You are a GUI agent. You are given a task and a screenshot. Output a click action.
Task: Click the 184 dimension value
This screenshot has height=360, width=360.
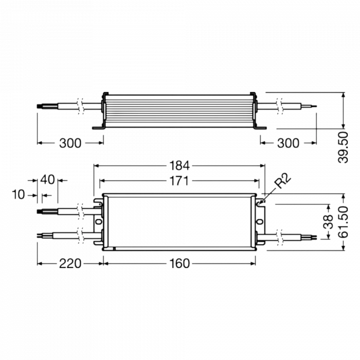[x=179, y=166]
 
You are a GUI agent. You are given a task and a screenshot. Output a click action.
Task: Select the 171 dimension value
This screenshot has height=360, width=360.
[x=179, y=181]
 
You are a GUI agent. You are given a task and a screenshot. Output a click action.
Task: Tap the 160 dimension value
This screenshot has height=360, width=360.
[x=179, y=263]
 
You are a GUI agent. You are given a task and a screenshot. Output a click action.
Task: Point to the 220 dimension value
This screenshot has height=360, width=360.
[x=70, y=263]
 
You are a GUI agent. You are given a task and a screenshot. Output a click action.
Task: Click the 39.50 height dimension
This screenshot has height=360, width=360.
[x=343, y=147]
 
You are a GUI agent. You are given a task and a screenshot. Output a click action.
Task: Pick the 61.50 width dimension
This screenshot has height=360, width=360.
[x=343, y=222]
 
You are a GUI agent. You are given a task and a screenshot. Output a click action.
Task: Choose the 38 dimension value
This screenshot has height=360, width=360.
[x=328, y=222]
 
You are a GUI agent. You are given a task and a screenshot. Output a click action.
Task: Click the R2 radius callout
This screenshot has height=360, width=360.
[x=283, y=181]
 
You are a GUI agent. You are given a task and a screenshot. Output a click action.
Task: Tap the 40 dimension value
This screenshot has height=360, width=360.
[x=47, y=179]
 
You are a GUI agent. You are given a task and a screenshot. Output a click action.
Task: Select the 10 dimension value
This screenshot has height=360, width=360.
[x=18, y=195]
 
